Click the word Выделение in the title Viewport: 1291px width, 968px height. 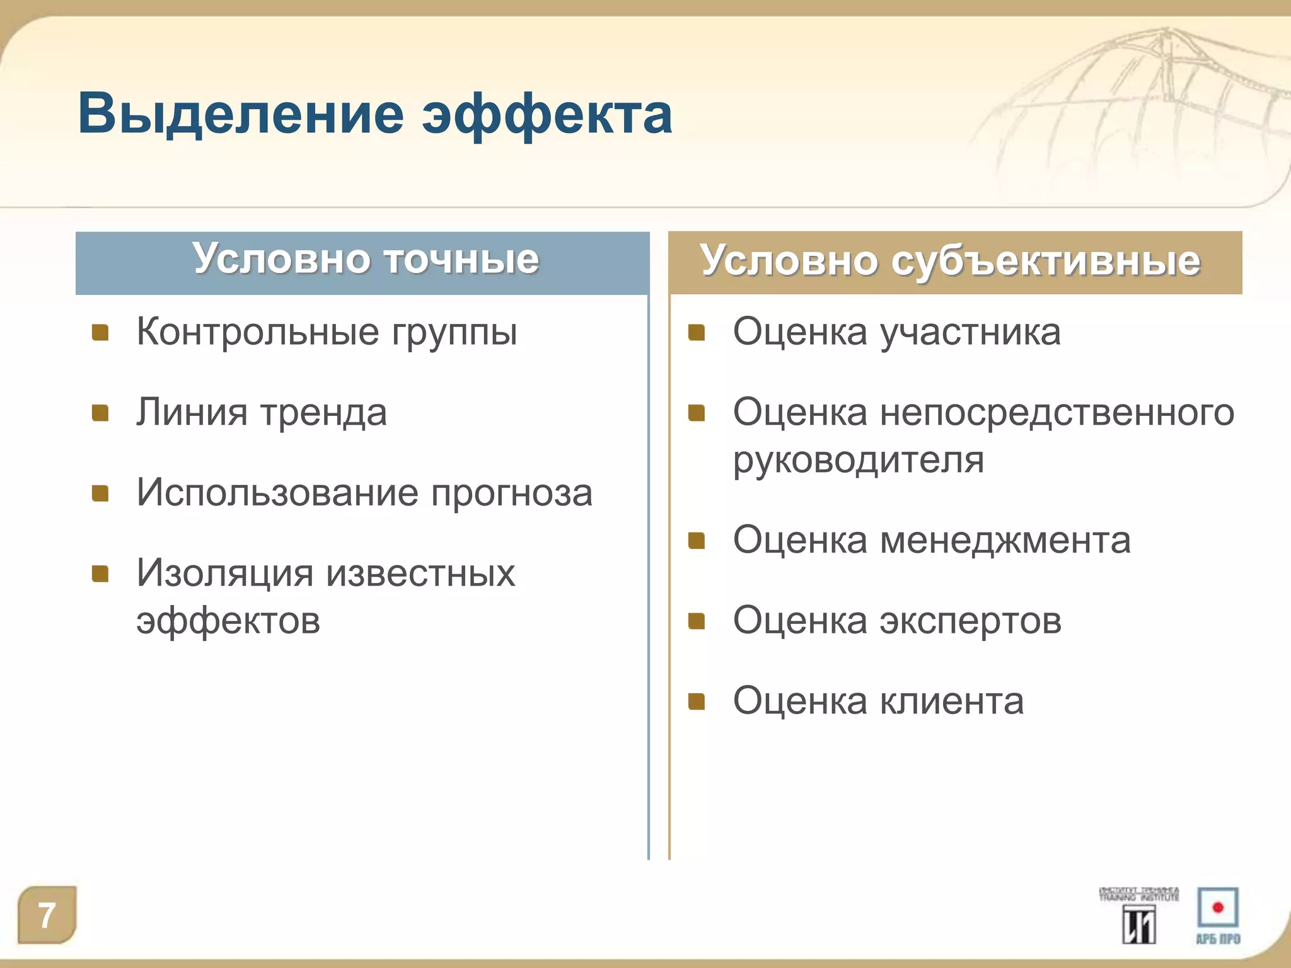[x=240, y=115]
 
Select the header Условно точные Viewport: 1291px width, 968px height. [x=366, y=259]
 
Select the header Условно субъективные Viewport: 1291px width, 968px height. [x=950, y=261]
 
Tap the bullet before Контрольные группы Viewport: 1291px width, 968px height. [x=101, y=332]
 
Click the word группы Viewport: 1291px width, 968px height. [x=454, y=333]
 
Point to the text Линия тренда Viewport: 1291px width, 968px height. [x=262, y=413]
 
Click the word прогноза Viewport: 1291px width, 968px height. [x=511, y=493]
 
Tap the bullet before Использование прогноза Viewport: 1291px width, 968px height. [x=101, y=493]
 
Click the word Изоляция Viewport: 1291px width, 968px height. [x=225, y=573]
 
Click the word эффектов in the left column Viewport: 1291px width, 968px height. [x=228, y=621]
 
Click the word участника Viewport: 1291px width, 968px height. [x=970, y=332]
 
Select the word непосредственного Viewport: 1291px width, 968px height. [x=1057, y=413]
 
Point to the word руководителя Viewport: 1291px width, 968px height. [x=858, y=460]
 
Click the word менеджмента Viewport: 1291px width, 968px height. [x=1005, y=541]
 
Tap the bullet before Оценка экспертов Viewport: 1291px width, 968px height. [x=697, y=621]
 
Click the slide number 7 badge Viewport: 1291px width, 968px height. [x=47, y=915]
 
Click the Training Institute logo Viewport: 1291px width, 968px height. [x=1138, y=915]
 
